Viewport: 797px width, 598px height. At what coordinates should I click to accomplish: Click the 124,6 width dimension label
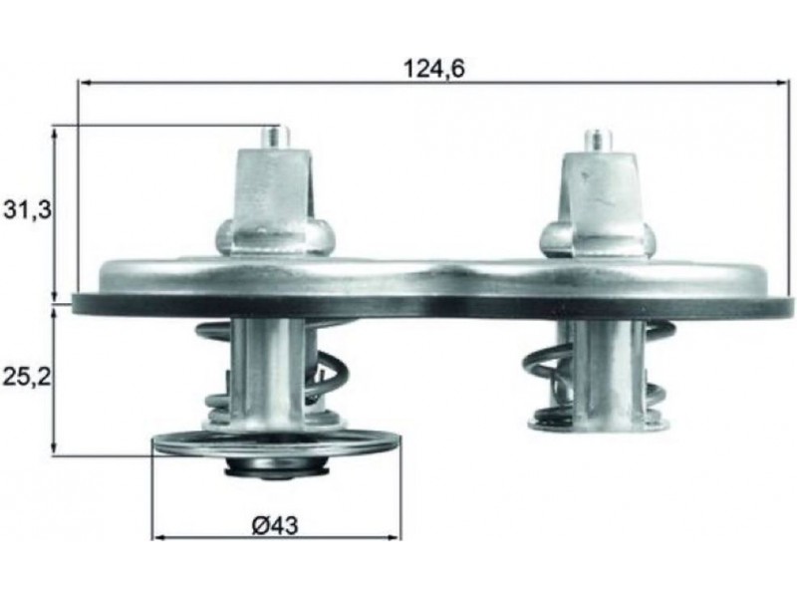click(433, 69)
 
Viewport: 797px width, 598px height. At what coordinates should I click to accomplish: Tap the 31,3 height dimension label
click(27, 210)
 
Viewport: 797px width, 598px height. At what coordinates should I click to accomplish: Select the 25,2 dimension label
click(27, 377)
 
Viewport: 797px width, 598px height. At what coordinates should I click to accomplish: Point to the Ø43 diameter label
click(275, 526)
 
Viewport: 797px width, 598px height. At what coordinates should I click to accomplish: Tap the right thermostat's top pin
click(598, 141)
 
